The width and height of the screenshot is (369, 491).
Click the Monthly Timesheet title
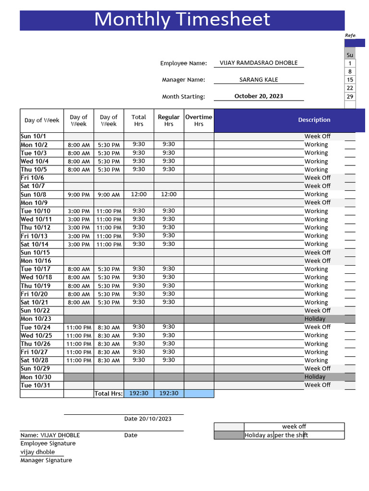point(182,20)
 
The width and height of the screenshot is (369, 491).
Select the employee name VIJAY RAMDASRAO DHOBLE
point(258,63)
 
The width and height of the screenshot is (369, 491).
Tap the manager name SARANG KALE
point(258,80)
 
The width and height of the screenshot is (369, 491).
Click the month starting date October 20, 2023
point(258,96)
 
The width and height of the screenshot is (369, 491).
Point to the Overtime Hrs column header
point(198,120)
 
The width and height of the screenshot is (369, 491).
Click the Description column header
point(314,120)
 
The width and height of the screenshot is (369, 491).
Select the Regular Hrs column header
point(169,120)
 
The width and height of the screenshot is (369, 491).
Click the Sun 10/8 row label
point(34,195)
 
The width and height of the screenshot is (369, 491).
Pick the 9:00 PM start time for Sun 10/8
point(79,195)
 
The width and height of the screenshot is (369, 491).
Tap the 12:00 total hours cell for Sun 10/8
point(139,194)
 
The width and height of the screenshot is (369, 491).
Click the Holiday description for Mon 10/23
point(315,319)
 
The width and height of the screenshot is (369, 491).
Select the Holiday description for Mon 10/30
point(315,377)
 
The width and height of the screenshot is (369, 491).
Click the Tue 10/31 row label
point(35,386)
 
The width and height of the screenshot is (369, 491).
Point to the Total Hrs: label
point(109,394)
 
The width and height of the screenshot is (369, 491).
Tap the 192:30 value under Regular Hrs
point(169,393)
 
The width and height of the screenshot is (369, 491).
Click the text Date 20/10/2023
point(148,419)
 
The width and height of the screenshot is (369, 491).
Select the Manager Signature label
point(46,460)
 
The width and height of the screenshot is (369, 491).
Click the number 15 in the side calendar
point(350,80)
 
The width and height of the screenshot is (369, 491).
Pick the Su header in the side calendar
point(350,55)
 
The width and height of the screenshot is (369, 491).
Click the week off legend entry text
point(294,426)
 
